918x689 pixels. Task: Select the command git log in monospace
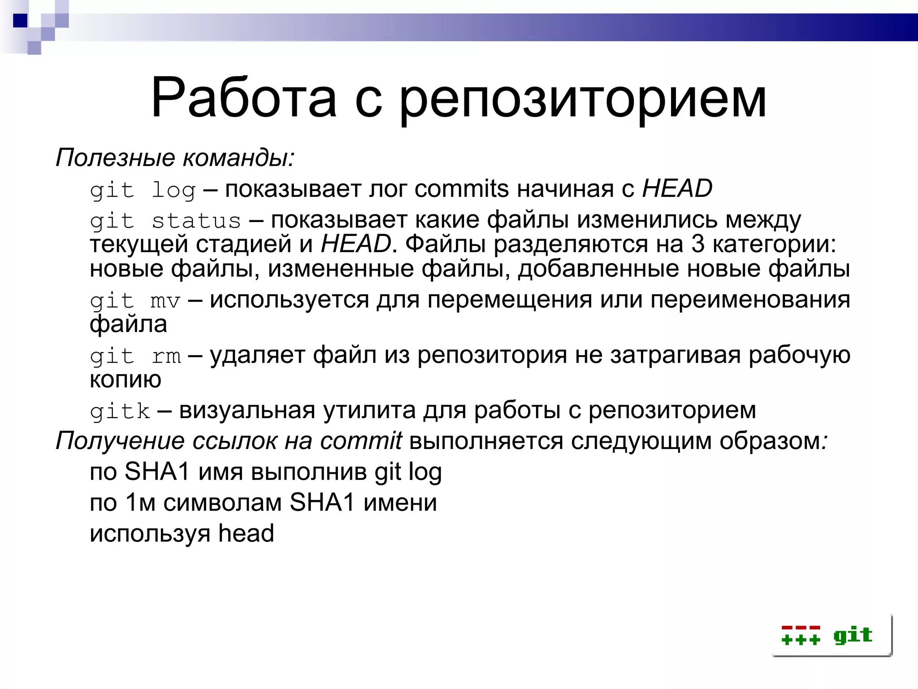(x=143, y=190)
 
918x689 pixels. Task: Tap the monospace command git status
(x=165, y=221)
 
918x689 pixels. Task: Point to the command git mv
(x=135, y=301)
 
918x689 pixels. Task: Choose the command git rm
(x=135, y=356)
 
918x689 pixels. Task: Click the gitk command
(x=120, y=411)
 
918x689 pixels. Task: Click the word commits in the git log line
(x=462, y=189)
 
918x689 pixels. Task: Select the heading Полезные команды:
(x=175, y=157)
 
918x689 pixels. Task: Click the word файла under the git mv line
(x=128, y=324)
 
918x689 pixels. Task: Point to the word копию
(x=125, y=379)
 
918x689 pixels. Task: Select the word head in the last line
(x=246, y=533)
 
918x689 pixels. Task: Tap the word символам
(x=222, y=502)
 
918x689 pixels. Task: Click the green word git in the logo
(x=853, y=635)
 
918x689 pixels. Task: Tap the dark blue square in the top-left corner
(x=20, y=21)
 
